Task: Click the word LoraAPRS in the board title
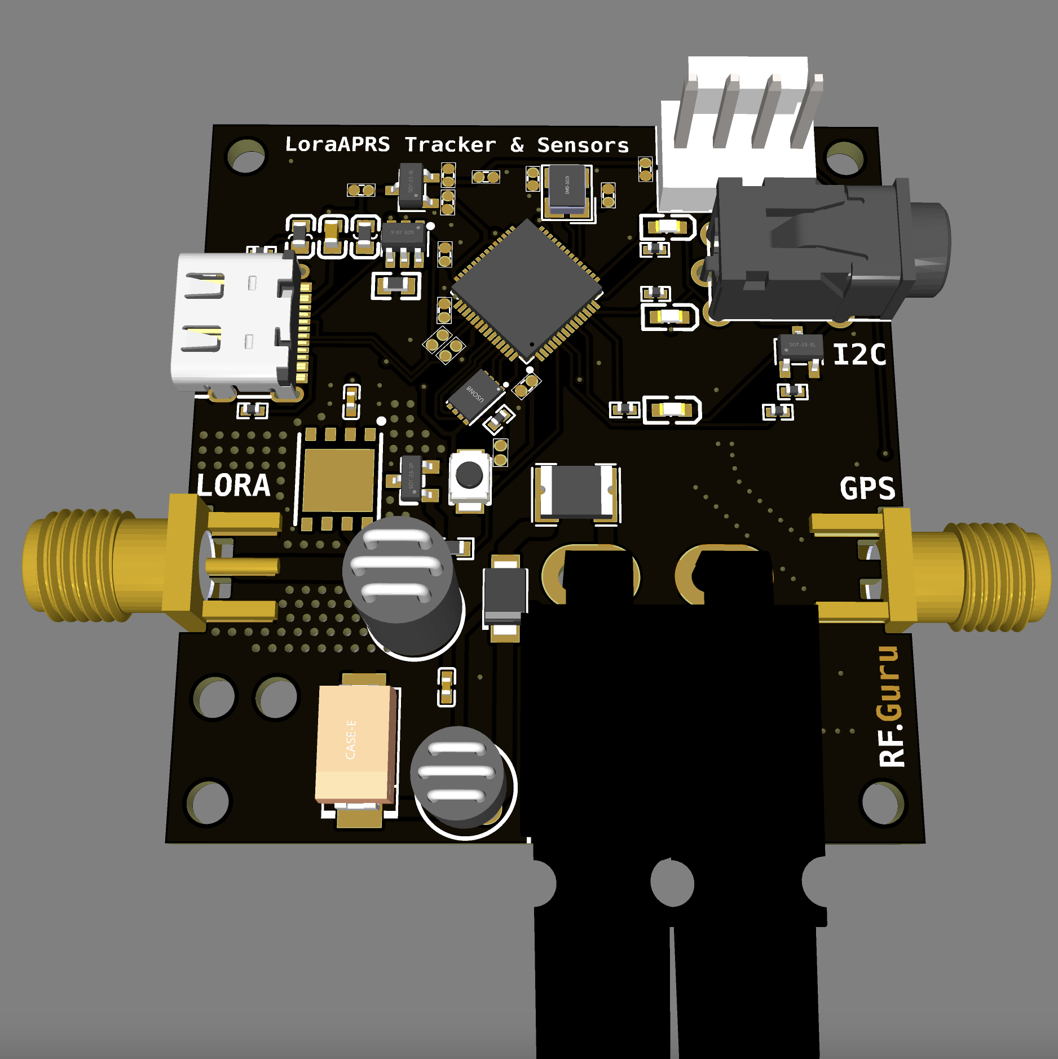pyautogui.click(x=337, y=144)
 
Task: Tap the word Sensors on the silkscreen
pyautogui.click(x=583, y=145)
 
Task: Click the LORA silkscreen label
pyautogui.click(x=233, y=486)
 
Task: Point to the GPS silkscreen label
pyautogui.click(x=867, y=488)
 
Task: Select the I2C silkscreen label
pyautogui.click(x=859, y=355)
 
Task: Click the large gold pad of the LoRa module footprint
pyautogui.click(x=338, y=480)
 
